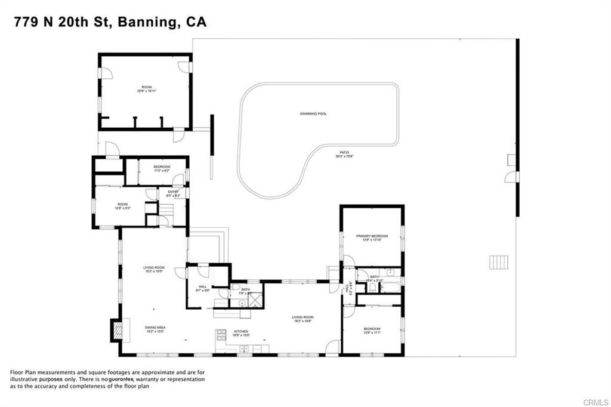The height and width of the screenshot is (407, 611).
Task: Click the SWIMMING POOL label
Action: [x=313, y=113]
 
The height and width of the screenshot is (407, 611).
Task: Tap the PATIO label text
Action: [x=344, y=153]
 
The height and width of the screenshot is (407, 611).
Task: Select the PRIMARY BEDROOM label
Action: [x=372, y=236]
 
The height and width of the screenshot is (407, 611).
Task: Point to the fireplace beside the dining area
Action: [x=116, y=328]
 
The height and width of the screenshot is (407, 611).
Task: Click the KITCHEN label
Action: [x=241, y=331]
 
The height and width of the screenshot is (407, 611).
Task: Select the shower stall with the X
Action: [x=255, y=300]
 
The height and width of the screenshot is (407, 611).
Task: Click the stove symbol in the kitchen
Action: [x=221, y=334]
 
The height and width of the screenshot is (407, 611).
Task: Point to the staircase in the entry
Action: [x=167, y=209]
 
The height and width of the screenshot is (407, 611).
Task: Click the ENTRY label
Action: [x=173, y=192]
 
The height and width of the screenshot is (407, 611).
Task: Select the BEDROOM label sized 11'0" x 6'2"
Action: [x=162, y=166]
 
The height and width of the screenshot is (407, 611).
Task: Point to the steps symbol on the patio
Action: [x=498, y=262]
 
